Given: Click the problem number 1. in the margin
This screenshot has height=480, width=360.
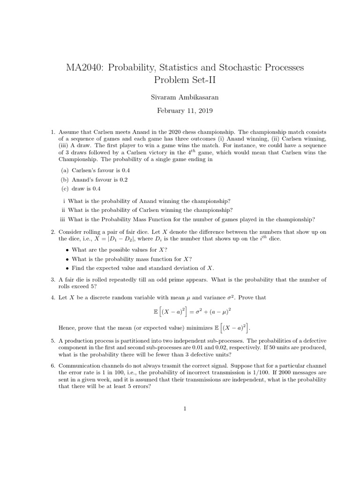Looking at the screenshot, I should (x=53, y=133).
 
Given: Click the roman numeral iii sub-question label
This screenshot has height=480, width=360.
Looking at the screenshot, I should (x=63, y=219).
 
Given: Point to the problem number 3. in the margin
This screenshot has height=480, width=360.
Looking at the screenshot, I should (x=53, y=279).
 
